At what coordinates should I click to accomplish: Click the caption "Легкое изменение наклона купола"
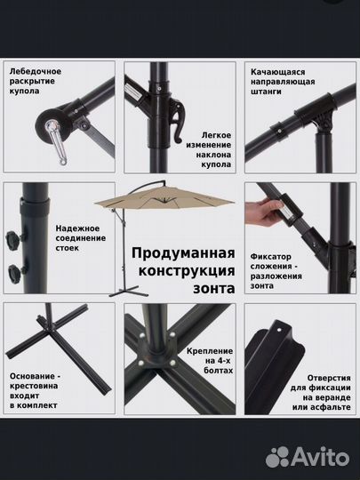pos(210,145)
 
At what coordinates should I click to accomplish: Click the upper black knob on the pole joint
pos(14,238)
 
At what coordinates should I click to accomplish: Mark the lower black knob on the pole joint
pos(15,271)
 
